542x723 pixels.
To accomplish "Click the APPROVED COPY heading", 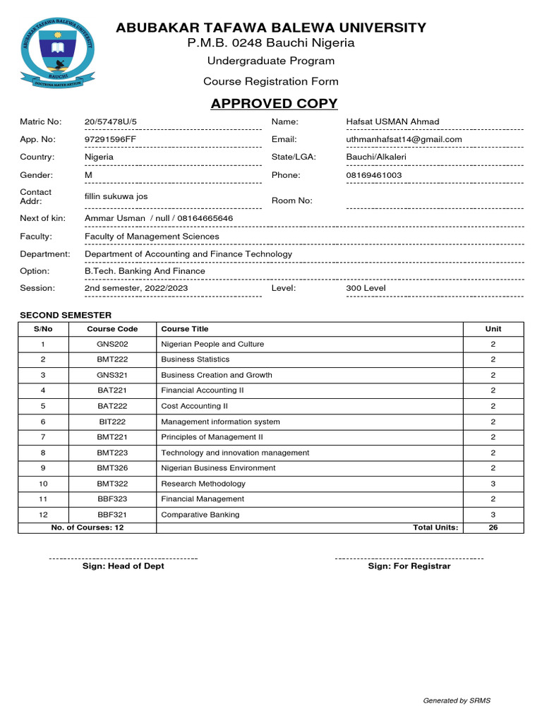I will (274, 104).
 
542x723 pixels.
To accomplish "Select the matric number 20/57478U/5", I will (111, 121).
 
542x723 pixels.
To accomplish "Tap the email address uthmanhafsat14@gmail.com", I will (404, 139).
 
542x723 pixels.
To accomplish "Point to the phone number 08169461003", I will (374, 174).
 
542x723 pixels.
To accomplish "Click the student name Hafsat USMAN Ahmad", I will (392, 121).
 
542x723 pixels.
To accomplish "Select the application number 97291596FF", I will (109, 139).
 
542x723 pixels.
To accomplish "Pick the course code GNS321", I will (112, 375).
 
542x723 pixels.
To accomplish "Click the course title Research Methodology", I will (203, 484).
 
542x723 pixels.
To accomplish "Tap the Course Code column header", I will (112, 329).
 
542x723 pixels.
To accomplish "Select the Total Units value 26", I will (493, 527).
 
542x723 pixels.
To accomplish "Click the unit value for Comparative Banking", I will (493, 515).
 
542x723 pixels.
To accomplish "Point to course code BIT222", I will (112, 422).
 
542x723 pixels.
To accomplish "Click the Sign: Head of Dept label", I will (123, 566).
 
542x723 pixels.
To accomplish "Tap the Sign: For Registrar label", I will (409, 566).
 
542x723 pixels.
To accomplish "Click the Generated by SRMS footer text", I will (456, 700).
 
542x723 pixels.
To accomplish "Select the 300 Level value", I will (366, 288).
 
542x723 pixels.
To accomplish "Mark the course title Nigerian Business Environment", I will (218, 468).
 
